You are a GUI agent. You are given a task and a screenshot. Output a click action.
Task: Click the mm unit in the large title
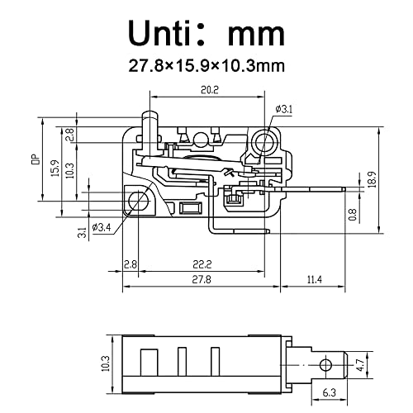pyautogui.click(x=256, y=33)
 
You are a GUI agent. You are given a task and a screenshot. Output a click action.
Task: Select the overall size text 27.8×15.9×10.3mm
pyautogui.click(x=206, y=64)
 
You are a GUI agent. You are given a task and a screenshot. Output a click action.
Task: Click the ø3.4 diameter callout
pyautogui.click(x=102, y=227)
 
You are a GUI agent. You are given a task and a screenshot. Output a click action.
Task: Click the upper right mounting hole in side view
pyautogui.click(x=265, y=142)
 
